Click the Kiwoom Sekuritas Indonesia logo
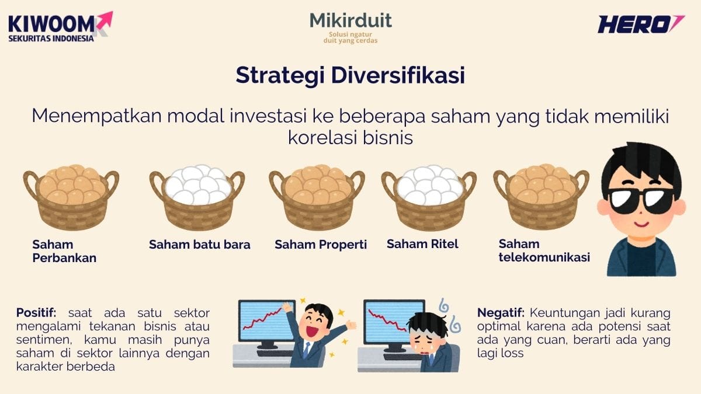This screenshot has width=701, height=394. (60, 27)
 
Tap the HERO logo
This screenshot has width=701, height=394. (641, 24)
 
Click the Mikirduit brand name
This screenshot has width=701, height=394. (350, 20)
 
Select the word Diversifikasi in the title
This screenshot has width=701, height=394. (398, 75)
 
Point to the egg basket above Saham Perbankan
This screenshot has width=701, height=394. (71, 197)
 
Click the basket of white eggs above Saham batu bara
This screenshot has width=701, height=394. (197, 197)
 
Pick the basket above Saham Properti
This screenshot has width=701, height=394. (317, 197)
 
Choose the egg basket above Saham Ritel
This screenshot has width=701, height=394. (429, 197)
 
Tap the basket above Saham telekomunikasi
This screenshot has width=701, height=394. (542, 197)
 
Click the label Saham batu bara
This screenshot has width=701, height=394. (200, 245)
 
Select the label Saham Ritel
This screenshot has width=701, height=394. (422, 244)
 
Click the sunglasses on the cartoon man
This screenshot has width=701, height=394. (641, 200)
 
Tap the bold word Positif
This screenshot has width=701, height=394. (36, 312)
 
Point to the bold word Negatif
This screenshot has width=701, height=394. (501, 312)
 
